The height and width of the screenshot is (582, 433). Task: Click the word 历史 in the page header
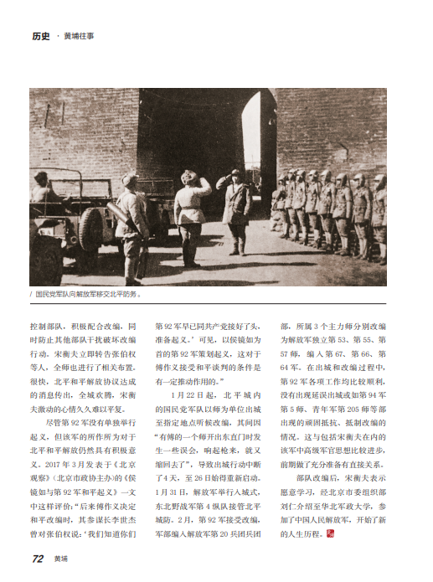[x=41, y=36]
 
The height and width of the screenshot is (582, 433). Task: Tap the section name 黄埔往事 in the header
[x=80, y=36]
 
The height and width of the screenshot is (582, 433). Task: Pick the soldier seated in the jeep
[x=43, y=188]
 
